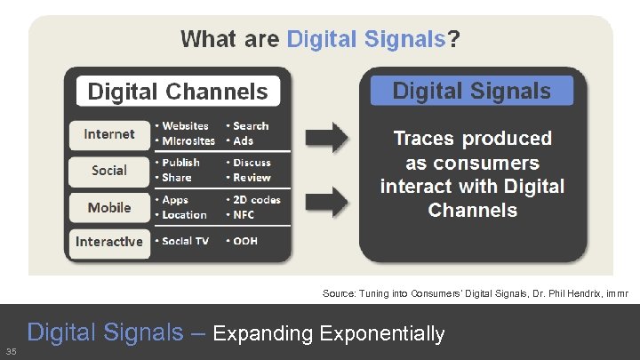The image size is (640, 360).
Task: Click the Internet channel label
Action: pos(109,134)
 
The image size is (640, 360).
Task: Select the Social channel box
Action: pos(109,170)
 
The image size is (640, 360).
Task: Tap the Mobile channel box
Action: pos(109,207)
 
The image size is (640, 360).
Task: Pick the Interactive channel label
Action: pos(109,242)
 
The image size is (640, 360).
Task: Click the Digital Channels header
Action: pos(178,92)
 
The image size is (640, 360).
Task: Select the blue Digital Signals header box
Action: pos(471,91)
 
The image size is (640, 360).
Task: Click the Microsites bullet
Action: pos(188,140)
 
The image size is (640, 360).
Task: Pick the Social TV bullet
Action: pos(187,242)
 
